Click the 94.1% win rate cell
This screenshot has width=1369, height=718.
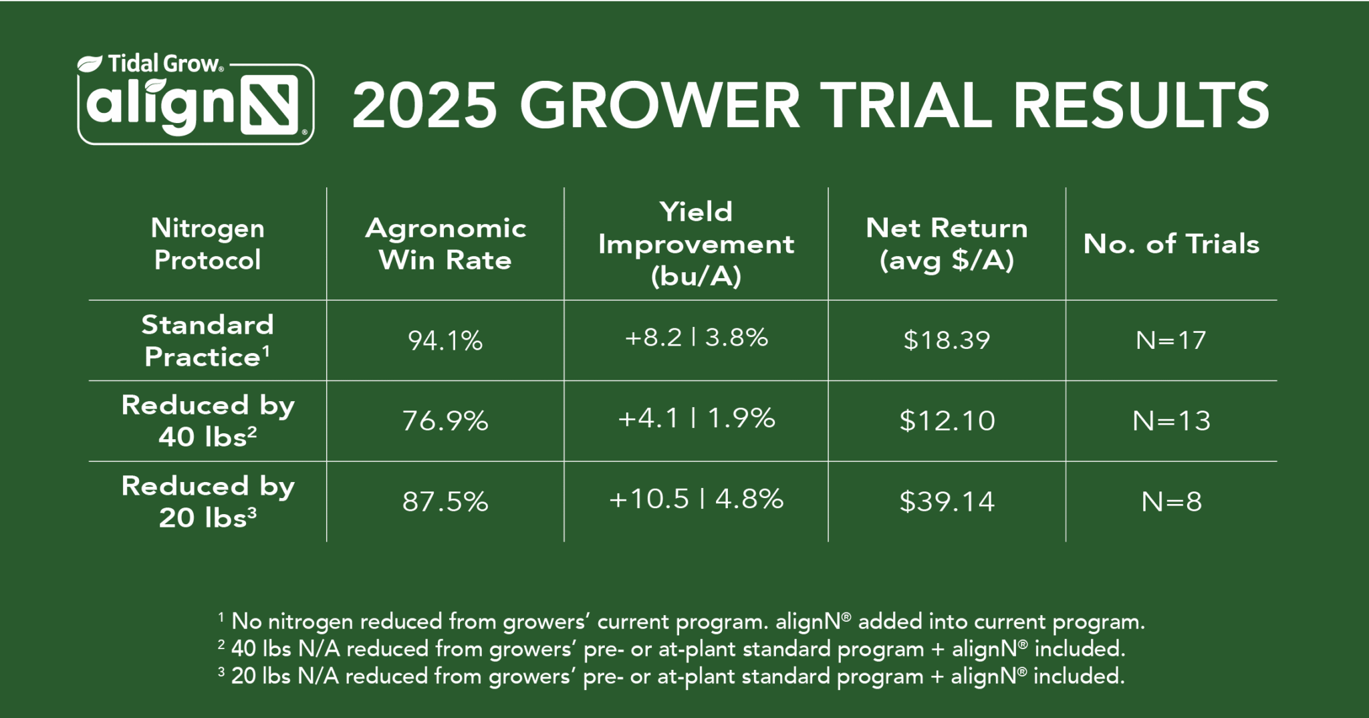click(445, 341)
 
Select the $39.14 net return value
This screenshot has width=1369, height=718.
click(947, 501)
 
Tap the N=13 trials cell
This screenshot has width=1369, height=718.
click(1171, 421)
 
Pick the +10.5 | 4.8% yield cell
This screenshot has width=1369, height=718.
click(696, 499)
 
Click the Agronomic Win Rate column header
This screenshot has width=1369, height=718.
click(445, 244)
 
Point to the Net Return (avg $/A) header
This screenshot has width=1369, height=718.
click(947, 244)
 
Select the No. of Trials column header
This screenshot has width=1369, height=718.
click(1171, 244)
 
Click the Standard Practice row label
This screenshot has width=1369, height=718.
click(207, 341)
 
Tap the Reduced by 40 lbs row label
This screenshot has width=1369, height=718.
click(207, 421)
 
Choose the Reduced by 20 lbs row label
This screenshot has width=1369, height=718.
click(207, 501)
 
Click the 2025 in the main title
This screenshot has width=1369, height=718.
click(425, 106)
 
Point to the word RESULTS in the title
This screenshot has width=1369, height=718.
click(1140, 106)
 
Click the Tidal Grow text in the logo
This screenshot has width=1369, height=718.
click(163, 64)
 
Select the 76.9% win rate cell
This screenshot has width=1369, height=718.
click(445, 421)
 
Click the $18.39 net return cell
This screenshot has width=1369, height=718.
click(947, 340)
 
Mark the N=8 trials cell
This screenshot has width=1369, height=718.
click(1171, 501)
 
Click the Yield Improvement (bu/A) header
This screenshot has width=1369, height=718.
click(696, 244)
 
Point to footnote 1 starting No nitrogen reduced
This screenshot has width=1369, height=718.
click(682, 622)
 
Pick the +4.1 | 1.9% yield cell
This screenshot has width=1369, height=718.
click(696, 419)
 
